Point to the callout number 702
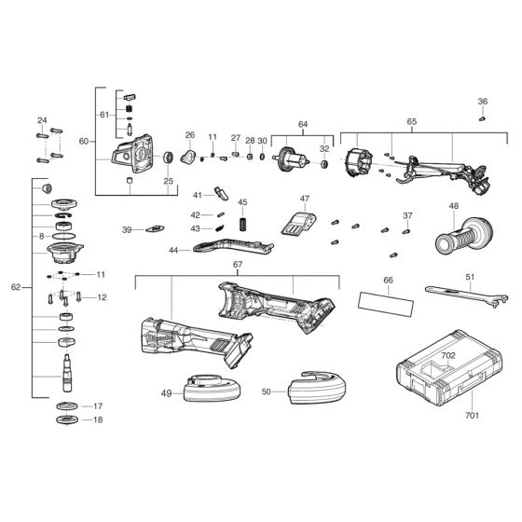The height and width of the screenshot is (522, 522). coord(448,356)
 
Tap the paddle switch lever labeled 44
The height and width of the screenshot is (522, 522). coord(231,247)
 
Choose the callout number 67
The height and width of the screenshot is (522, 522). coord(238,265)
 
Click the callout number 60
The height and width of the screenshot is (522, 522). coord(84,141)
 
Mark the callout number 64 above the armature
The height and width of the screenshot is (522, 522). coord(302,124)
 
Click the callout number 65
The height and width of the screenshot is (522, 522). coord(411,121)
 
